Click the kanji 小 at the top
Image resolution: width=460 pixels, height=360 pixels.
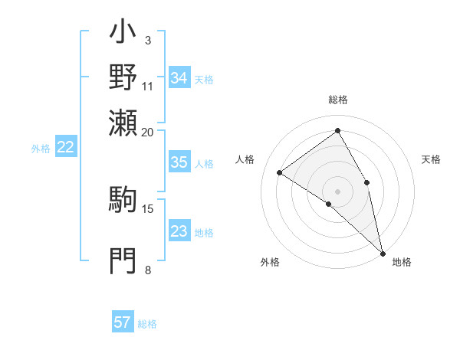coord(123,34)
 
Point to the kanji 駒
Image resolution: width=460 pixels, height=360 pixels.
coord(123,199)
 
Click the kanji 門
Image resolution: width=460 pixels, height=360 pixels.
coord(123,261)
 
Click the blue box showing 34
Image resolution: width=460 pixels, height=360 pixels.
coord(179,78)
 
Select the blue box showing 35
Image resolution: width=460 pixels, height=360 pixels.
coord(179,162)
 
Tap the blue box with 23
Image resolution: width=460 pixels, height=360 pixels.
coord(179,231)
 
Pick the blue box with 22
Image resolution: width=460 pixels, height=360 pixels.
coord(65,148)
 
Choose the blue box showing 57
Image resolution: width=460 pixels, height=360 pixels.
coord(123,322)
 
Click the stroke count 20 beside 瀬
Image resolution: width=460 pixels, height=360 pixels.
coord(147,132)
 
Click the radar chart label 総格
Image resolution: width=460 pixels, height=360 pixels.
coord(338,100)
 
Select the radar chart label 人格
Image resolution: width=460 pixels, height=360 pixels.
coord(245,159)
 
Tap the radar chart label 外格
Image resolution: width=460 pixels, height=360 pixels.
coord(270,262)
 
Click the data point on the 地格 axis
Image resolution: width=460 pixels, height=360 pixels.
coord(382,251)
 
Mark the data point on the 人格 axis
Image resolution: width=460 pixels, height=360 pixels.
coord(280,172)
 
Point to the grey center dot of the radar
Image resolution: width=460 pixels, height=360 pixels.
coord(338,191)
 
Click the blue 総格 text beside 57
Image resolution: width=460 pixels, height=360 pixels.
coord(147,324)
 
